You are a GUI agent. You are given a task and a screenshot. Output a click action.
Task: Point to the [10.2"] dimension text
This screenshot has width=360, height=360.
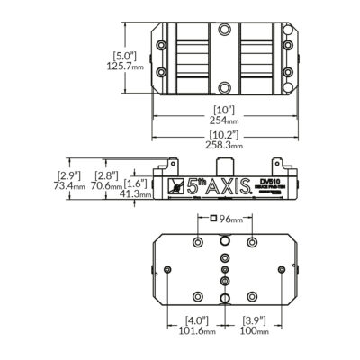[224, 133]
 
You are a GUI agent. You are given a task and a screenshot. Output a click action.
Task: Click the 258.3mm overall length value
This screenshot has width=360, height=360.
[224, 144]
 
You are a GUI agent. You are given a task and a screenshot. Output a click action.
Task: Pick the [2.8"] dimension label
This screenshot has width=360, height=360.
[106, 175]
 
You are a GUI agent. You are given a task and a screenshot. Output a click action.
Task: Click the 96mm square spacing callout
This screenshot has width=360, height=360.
[229, 219]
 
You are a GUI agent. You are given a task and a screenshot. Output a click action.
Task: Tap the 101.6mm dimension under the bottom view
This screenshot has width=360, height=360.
[197, 331]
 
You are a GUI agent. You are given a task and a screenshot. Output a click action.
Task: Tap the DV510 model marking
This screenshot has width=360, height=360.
[269, 180]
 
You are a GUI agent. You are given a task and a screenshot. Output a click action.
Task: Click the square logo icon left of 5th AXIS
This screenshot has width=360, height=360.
[174, 188]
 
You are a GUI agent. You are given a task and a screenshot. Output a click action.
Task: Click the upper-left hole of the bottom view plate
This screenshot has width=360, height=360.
[197, 242]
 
